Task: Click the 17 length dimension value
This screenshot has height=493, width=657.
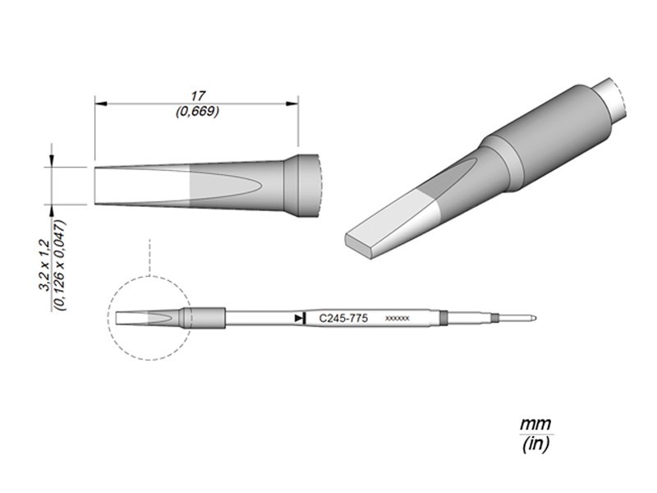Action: tap(198, 96)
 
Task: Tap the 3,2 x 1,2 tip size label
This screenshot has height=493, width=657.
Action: tap(45, 265)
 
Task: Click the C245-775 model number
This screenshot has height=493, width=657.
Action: tap(343, 319)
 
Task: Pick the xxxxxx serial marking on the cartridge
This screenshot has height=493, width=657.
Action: tap(397, 319)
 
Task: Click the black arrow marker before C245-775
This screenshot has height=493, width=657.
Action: tap(300, 318)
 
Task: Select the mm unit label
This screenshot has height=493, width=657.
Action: tap(535, 424)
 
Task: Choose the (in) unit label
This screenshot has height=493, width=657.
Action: tap(535, 445)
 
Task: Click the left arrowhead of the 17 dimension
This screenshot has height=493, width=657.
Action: tap(101, 104)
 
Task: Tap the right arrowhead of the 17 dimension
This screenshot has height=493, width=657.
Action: tap(292, 104)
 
